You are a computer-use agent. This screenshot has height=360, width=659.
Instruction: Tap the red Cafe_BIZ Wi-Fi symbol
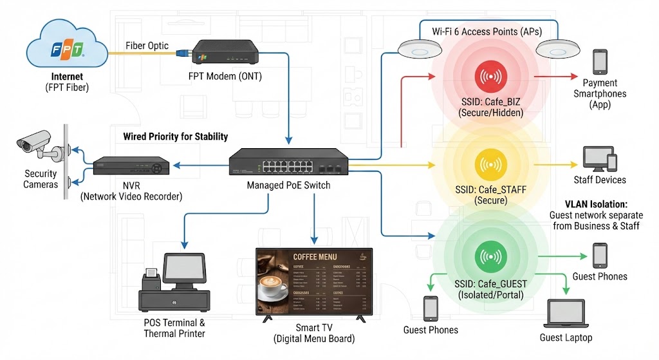tap(490, 76)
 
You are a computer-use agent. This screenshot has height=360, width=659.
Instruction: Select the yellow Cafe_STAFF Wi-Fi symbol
tap(490, 165)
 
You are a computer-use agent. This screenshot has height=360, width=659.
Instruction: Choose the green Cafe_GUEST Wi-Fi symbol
tap(490, 256)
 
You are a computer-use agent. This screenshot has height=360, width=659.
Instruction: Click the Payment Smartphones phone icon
tap(600, 62)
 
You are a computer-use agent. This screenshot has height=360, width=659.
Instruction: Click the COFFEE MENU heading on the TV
tap(315, 257)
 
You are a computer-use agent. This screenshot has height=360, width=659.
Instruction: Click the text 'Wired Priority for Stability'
tap(175, 137)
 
